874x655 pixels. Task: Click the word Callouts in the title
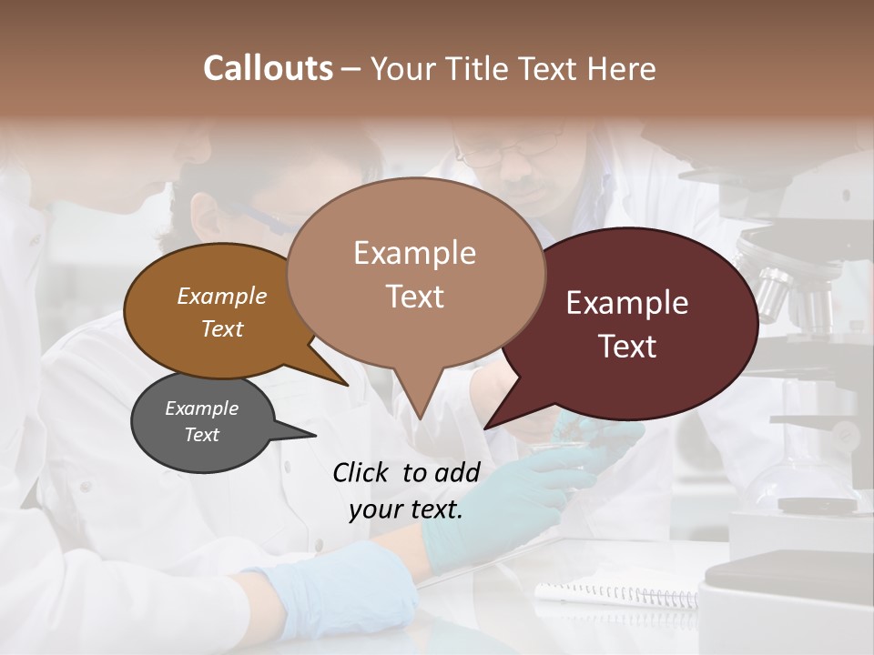pos(268,68)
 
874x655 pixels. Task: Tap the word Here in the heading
pos(619,68)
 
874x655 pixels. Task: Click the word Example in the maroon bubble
pos(627,303)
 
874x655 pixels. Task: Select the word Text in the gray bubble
pos(202,435)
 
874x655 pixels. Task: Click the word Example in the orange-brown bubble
pos(222,297)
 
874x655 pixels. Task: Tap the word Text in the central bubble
pos(415,297)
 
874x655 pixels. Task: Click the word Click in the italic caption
pos(361,472)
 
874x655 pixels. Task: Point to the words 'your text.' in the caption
pos(406,509)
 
